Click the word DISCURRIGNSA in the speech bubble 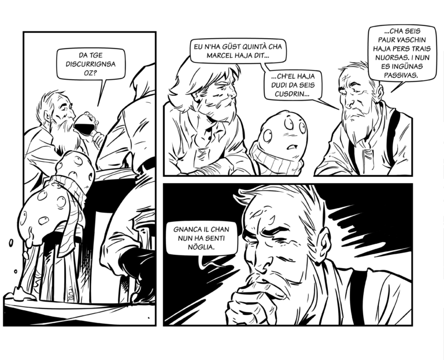[x=91, y=64]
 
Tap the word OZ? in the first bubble [x=91, y=73]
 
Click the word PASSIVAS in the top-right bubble [x=401, y=75]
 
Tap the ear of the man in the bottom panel [x=323, y=243]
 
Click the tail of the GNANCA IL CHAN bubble [x=202, y=262]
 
